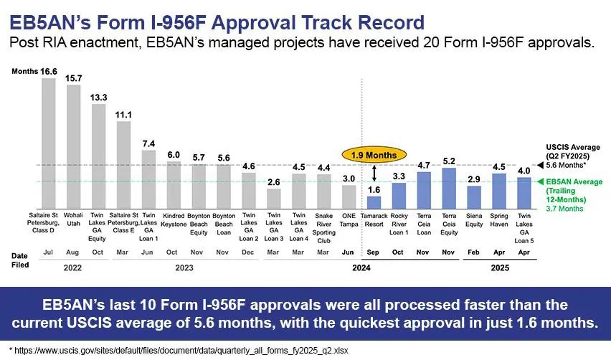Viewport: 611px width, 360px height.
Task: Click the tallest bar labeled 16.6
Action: pyautogui.click(x=49, y=143)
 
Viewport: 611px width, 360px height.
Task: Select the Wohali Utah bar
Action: pyautogui.click(x=74, y=146)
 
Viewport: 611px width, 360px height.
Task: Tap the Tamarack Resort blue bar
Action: pyautogui.click(x=374, y=202)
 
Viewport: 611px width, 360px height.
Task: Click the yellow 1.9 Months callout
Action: pyautogui.click(x=374, y=155)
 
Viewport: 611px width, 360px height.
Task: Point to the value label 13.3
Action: pyautogui.click(x=98, y=98)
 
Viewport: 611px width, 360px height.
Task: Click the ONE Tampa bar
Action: pyautogui.click(x=349, y=196)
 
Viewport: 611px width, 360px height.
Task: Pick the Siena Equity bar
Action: pyautogui.click(x=473, y=197)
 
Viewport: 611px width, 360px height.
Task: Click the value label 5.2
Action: pyautogui.click(x=450, y=161)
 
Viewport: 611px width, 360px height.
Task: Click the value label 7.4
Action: pyautogui.click(x=148, y=143)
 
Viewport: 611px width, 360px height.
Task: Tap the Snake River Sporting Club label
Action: pyautogui.click(x=323, y=227)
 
